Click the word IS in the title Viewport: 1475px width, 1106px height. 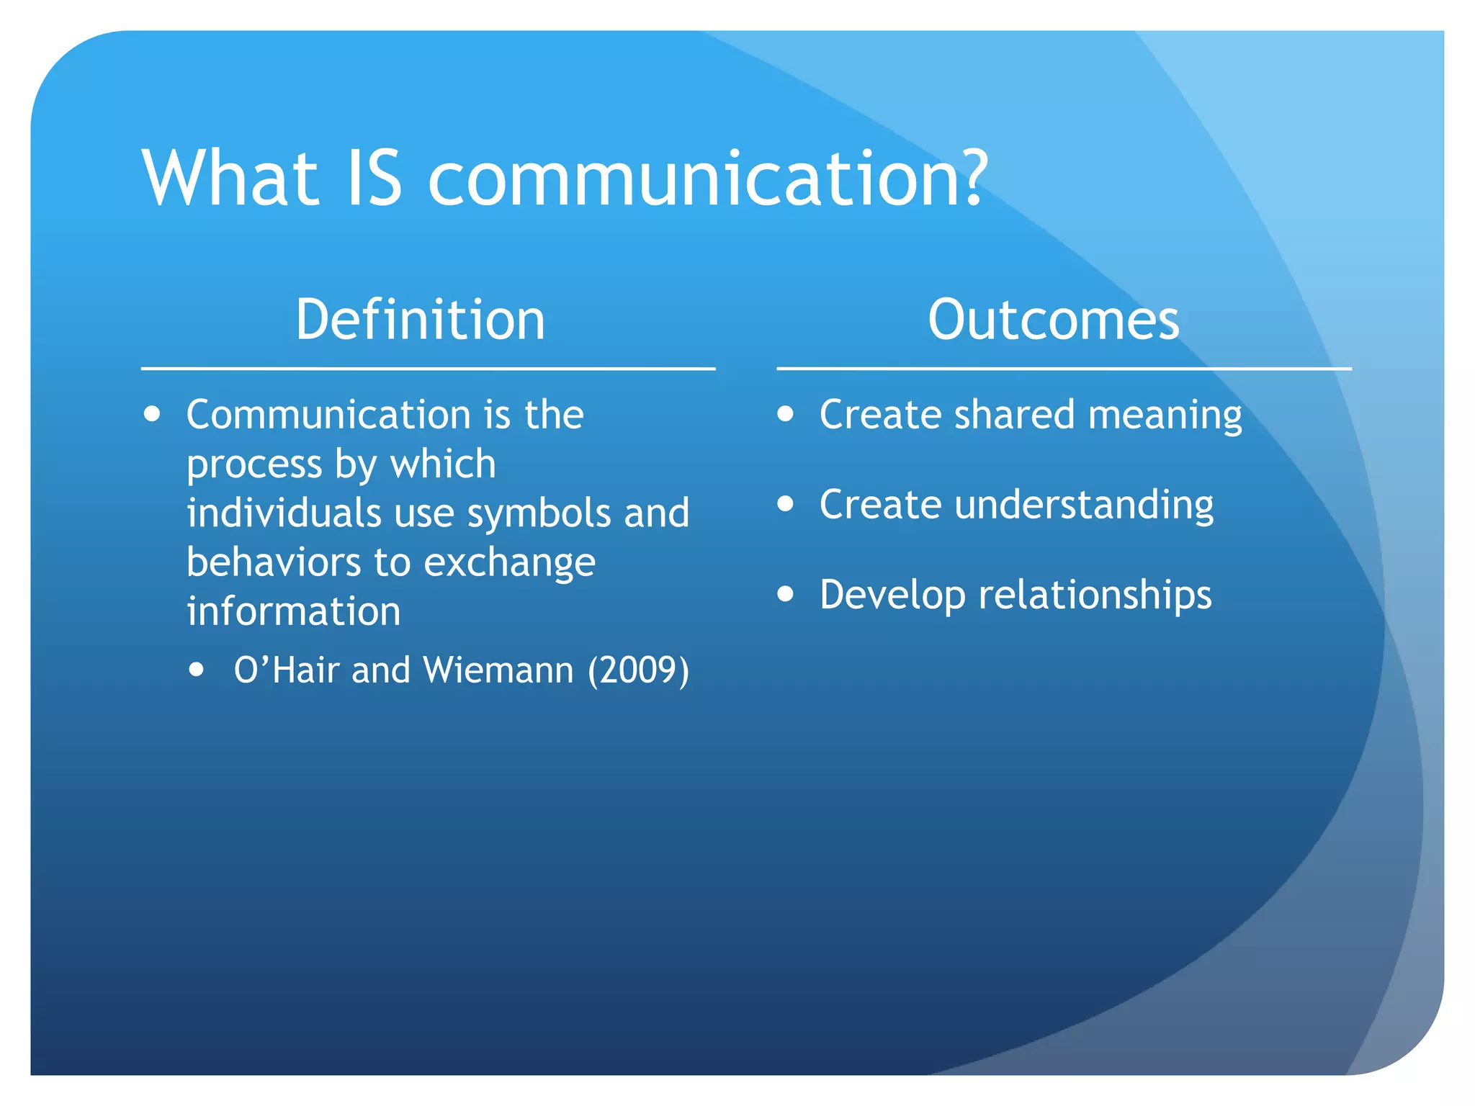(373, 178)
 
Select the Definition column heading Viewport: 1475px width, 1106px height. (421, 320)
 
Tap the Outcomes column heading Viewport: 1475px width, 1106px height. (1053, 320)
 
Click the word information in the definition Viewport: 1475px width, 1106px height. (293, 611)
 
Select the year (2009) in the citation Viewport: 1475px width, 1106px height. (638, 670)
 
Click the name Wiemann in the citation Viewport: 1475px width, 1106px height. (498, 670)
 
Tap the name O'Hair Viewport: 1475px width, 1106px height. (287, 670)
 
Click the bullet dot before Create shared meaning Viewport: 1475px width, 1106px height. (785, 414)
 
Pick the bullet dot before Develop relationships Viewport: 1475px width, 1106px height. (785, 594)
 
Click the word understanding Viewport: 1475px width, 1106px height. (1084, 505)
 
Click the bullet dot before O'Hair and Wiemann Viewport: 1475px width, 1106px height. (196, 670)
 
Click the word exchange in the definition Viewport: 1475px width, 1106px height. (509, 563)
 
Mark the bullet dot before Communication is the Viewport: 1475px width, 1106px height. (152, 414)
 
